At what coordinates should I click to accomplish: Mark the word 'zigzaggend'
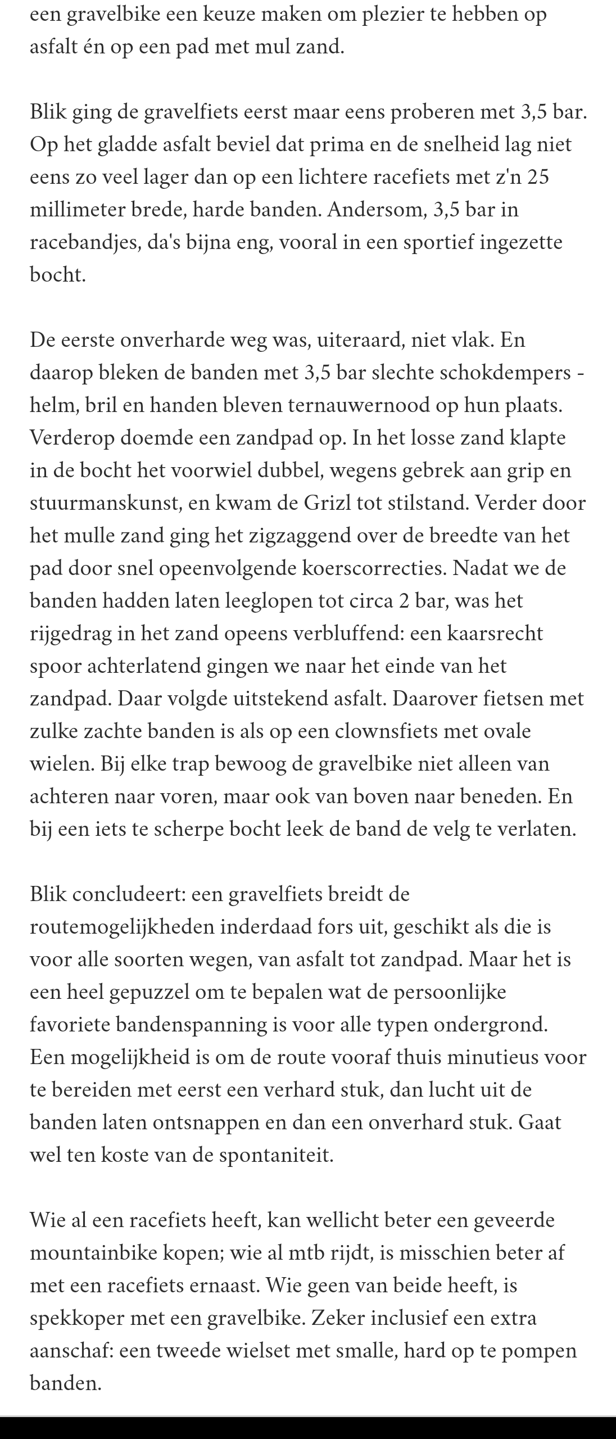pyautogui.click(x=288, y=535)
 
